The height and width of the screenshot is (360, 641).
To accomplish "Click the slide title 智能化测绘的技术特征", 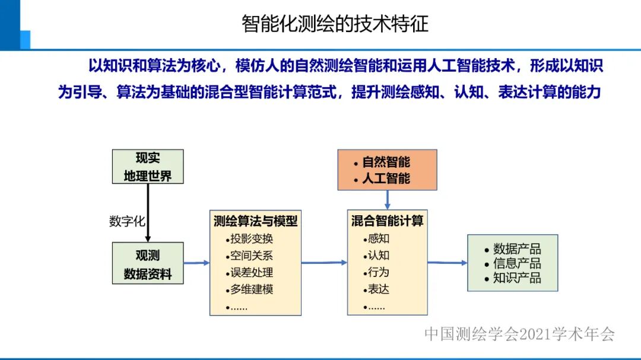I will pyautogui.click(x=335, y=24).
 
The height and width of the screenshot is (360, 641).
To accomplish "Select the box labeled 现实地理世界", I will pyautogui.click(x=148, y=167).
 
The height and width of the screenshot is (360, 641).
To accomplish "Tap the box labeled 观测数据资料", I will pyautogui.click(x=148, y=264).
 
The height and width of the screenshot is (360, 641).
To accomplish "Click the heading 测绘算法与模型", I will pyautogui.click(x=255, y=221).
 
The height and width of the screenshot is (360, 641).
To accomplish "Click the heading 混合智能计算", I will pyautogui.click(x=387, y=221).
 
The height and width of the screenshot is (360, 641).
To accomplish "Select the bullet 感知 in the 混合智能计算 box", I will pyautogui.click(x=379, y=239).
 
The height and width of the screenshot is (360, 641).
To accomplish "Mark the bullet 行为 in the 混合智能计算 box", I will pyautogui.click(x=379, y=273).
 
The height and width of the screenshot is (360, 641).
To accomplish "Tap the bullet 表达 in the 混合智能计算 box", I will pyautogui.click(x=379, y=290).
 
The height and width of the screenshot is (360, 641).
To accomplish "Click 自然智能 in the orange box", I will pyautogui.click(x=386, y=162).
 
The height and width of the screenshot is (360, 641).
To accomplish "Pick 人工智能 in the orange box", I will pyautogui.click(x=386, y=178).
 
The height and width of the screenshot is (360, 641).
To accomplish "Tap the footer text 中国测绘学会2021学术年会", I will pyautogui.click(x=519, y=334).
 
